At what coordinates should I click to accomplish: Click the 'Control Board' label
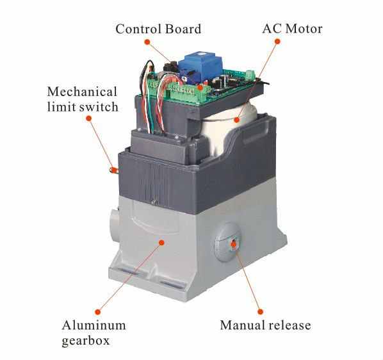(158, 29)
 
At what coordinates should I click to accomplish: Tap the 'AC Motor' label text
(293, 29)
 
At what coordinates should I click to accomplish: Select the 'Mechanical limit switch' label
(83, 99)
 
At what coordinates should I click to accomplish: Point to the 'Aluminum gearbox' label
(94, 333)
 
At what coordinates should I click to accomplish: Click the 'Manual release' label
(265, 325)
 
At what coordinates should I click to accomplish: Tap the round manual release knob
(227, 243)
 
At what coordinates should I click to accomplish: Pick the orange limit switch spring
(114, 170)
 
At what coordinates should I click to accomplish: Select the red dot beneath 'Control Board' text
(147, 42)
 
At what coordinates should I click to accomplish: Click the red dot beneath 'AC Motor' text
(277, 42)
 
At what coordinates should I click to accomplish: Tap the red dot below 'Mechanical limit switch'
(89, 119)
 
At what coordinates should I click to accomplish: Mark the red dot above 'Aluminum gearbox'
(98, 312)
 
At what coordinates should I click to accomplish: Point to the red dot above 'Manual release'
(261, 312)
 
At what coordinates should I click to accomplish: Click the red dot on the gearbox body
(161, 243)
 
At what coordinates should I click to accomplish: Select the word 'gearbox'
(85, 341)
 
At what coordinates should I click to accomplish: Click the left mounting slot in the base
(127, 271)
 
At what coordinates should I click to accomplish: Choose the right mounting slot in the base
(172, 284)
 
